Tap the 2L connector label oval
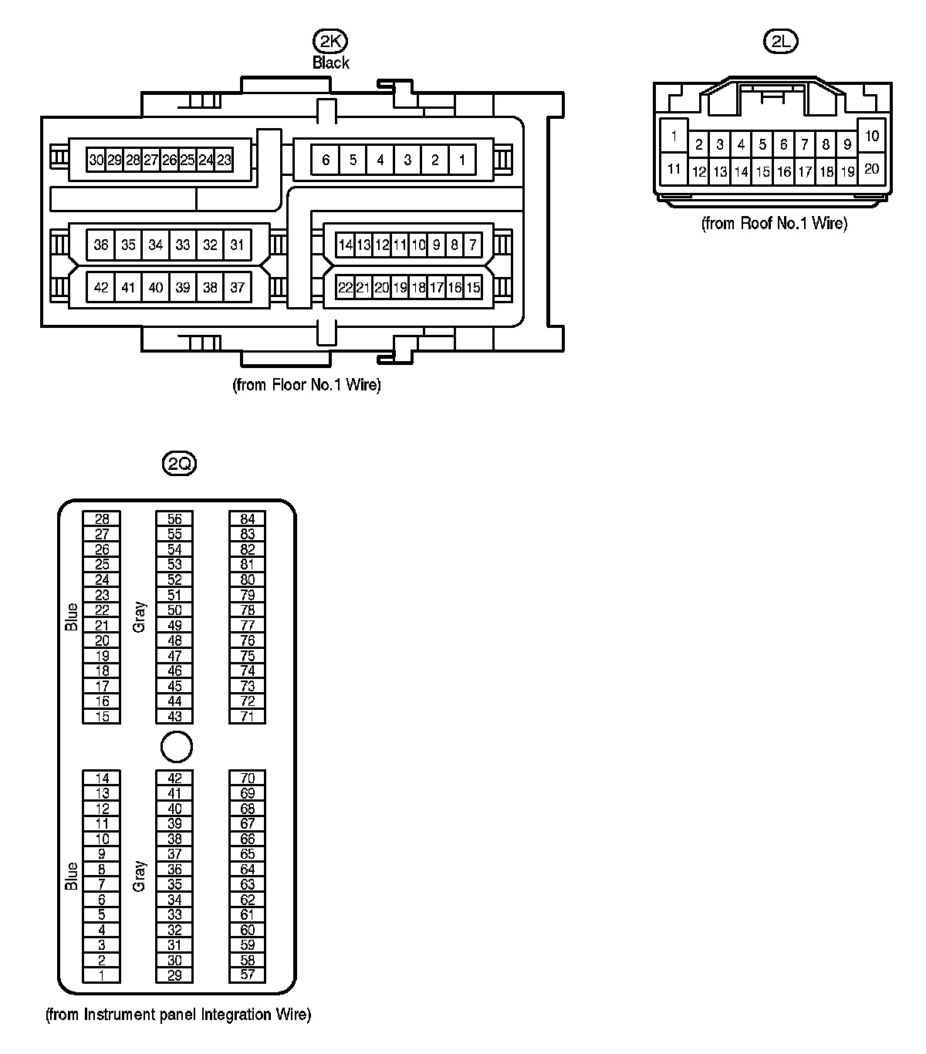click(x=780, y=41)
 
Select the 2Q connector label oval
click(x=179, y=463)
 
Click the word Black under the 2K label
click(x=330, y=62)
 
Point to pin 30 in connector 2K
click(x=96, y=160)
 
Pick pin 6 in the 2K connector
click(x=326, y=160)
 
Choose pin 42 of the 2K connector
click(x=101, y=288)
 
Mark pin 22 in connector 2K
click(x=345, y=288)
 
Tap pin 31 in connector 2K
click(x=237, y=245)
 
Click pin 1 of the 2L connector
click(x=674, y=137)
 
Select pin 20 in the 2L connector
click(x=872, y=168)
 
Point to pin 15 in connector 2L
click(x=762, y=172)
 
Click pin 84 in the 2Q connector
click(x=247, y=519)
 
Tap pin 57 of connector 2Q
click(x=247, y=975)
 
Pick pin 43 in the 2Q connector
click(x=174, y=716)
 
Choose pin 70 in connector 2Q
click(x=247, y=778)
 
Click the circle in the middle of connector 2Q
click(x=176, y=747)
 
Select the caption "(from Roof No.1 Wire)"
click(x=774, y=224)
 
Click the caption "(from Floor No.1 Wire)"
click(x=306, y=384)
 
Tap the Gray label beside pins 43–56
click(x=140, y=617)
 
